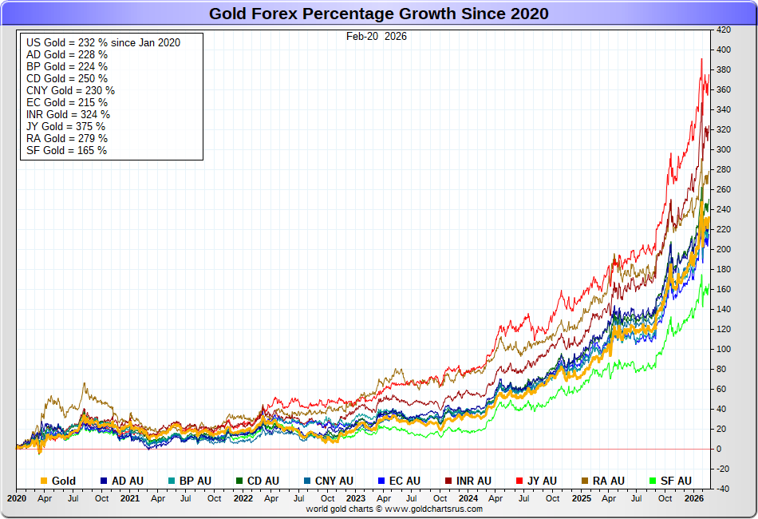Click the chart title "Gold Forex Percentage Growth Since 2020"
[x=379, y=14]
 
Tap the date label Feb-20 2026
[x=377, y=36]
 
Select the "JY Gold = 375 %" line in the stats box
[x=65, y=126]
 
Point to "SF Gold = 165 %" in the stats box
[x=66, y=150]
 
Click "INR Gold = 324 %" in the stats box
[x=68, y=114]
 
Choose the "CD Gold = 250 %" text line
[x=67, y=78]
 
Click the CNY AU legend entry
[x=329, y=481]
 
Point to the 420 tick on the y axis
[x=724, y=30]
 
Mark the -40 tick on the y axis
[x=723, y=489]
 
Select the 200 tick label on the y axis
[x=724, y=249]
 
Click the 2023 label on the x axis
[x=357, y=498]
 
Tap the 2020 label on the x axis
[x=16, y=498]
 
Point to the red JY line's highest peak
[x=701, y=58]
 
